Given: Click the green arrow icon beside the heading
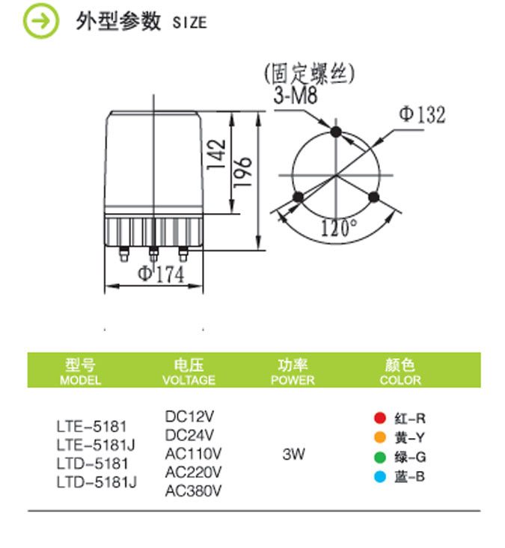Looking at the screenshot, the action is click(41, 21).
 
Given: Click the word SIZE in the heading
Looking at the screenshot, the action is click(189, 22).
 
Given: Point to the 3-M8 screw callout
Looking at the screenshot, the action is click(296, 95).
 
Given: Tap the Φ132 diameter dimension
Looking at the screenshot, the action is click(423, 114).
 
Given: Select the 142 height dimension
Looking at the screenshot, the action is click(216, 155).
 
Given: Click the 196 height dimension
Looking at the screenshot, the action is click(242, 172).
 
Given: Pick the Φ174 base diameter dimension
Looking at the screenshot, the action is click(161, 274).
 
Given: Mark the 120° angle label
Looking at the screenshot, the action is click(339, 227).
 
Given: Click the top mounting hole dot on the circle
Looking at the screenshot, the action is click(336, 132).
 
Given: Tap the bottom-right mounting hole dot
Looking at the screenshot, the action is click(373, 197).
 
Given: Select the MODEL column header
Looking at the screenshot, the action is click(81, 381).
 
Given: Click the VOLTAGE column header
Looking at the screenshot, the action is click(189, 381).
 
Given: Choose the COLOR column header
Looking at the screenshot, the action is click(400, 381).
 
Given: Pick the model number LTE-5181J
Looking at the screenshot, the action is click(96, 446).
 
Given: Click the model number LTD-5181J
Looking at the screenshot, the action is click(97, 482).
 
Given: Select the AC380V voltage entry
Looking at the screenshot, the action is click(194, 491).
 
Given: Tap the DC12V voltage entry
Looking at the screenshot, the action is click(189, 416).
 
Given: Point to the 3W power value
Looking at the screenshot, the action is click(294, 454).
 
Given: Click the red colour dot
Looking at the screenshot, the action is click(380, 418).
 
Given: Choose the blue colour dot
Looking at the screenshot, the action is click(380, 477).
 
